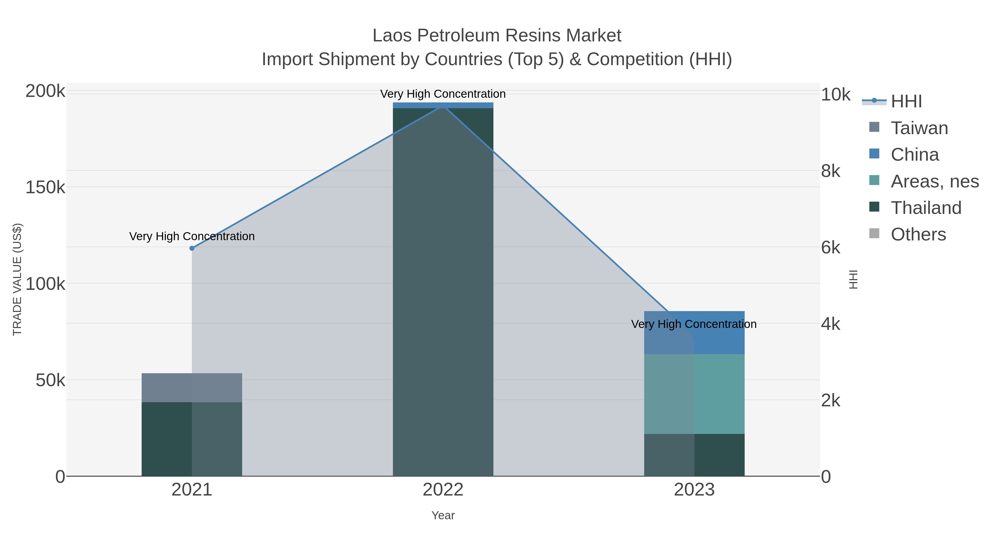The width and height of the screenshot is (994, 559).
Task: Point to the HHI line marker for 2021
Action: point(192,248)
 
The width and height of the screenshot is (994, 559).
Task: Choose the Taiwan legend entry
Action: point(919,128)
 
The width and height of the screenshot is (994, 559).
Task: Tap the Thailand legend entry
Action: point(926,208)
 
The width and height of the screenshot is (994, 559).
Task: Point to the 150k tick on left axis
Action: point(45,187)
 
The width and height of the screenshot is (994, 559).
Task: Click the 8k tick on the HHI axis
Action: point(830,171)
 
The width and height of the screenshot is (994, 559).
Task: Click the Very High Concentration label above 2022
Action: point(443,94)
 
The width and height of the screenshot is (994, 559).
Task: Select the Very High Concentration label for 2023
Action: point(694,324)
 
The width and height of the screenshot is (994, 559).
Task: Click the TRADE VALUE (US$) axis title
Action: point(17,279)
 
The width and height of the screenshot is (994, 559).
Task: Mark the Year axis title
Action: point(443,515)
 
